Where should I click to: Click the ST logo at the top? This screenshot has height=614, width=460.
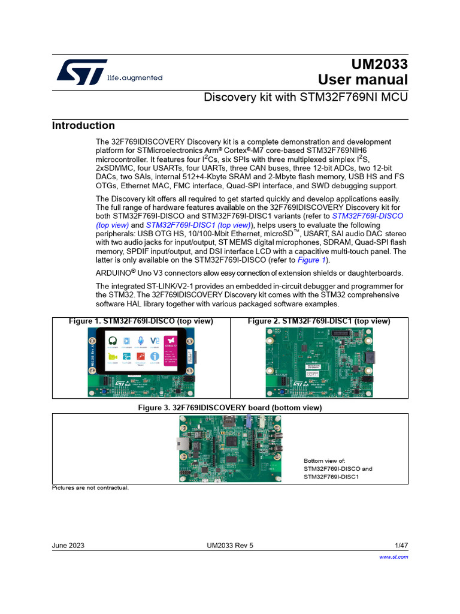[x=82, y=72]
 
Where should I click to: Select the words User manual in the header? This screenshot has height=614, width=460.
[x=363, y=80]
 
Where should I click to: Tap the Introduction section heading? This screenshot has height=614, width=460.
[x=83, y=125]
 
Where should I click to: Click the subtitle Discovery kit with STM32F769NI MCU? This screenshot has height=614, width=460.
[x=306, y=97]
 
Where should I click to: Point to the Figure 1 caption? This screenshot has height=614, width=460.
[x=141, y=321]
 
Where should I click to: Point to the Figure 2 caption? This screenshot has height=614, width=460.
[x=319, y=321]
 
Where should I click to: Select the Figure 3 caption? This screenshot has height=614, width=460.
[x=230, y=408]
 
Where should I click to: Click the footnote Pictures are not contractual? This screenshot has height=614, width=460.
[x=90, y=487]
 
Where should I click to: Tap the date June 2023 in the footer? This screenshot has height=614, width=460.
[x=68, y=546]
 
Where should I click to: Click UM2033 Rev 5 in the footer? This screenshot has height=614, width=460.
[x=230, y=546]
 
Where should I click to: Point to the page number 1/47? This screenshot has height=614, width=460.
[x=401, y=546]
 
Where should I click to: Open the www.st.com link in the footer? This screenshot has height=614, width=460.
[x=394, y=557]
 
